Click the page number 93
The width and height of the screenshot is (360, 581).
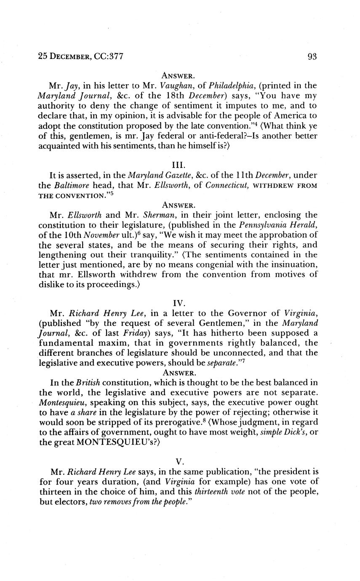point(312,56)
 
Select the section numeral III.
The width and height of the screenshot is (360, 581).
point(179,164)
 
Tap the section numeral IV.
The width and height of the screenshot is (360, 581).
point(179,302)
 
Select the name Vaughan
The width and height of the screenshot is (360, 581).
point(167,85)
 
